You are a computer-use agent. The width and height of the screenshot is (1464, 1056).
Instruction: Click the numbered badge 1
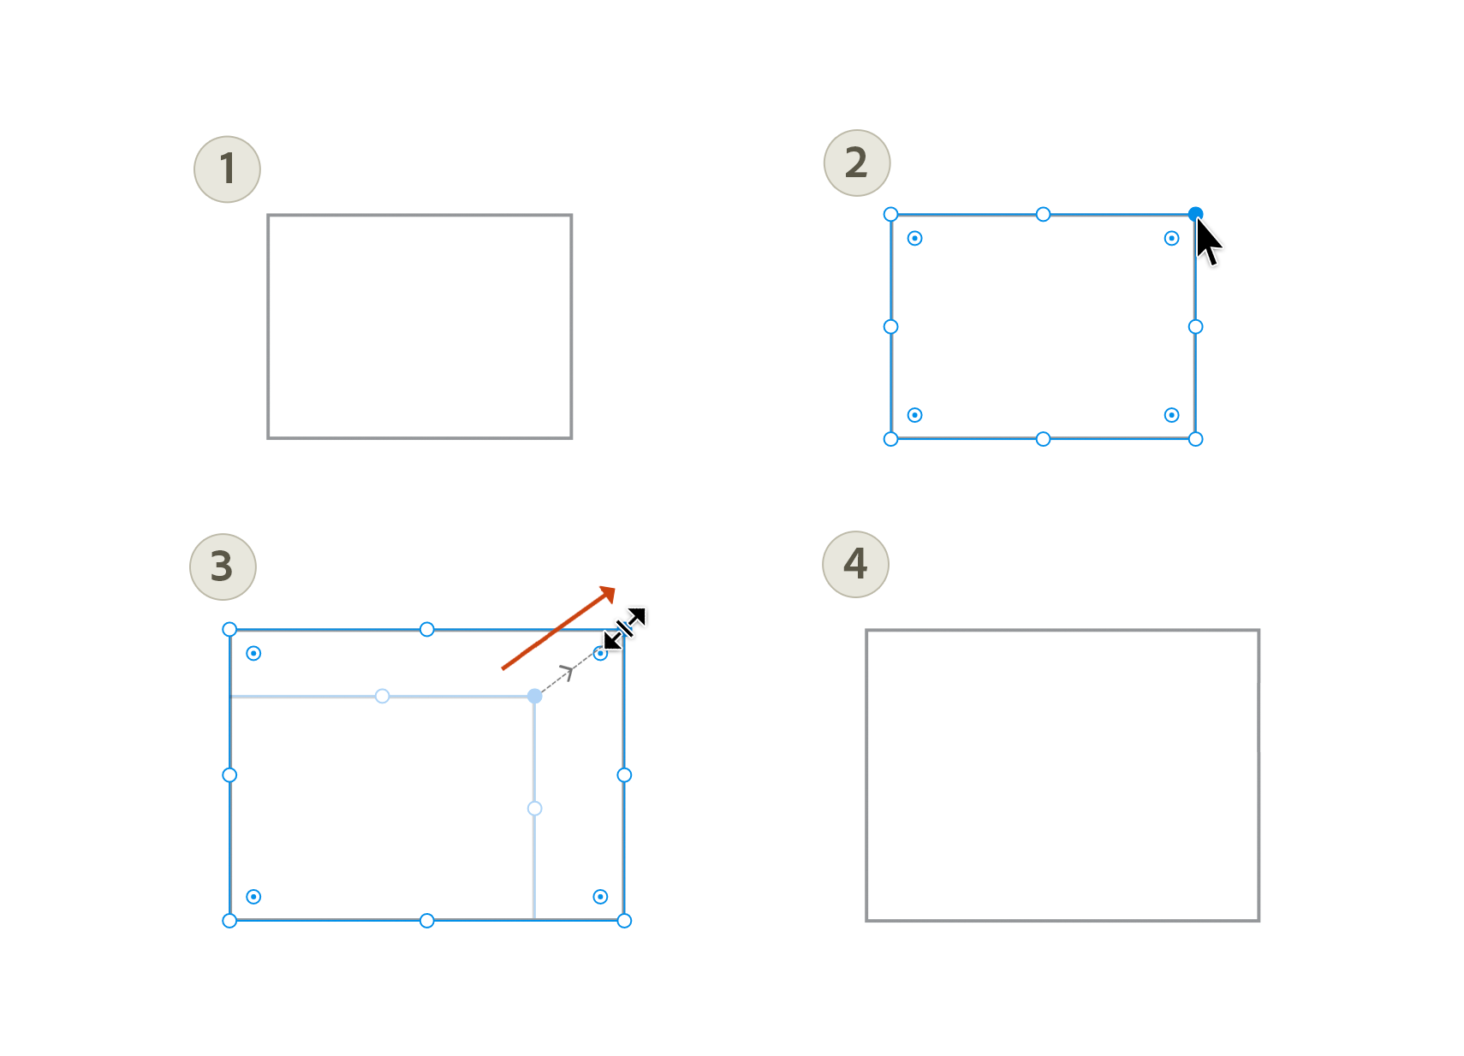(227, 169)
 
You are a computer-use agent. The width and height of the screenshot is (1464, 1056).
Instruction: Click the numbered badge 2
(856, 163)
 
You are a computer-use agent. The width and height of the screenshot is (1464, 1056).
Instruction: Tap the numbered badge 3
(223, 567)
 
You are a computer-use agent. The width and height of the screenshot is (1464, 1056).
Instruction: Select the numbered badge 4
(855, 564)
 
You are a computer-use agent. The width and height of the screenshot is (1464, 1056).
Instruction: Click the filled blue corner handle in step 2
(1195, 214)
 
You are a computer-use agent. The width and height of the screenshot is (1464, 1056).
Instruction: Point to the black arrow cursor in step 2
(1208, 242)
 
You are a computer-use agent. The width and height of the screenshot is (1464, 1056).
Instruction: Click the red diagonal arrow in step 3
(558, 628)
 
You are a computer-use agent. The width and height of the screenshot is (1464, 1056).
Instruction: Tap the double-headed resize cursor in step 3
(625, 628)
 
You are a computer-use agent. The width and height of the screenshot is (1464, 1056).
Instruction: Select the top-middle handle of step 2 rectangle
(1043, 214)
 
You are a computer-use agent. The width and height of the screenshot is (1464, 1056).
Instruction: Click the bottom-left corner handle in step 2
(890, 439)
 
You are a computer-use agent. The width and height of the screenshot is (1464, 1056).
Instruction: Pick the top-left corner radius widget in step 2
(914, 238)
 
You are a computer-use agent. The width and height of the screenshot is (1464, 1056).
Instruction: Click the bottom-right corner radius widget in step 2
(1171, 415)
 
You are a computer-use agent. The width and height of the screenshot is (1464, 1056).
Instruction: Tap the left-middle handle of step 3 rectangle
(229, 775)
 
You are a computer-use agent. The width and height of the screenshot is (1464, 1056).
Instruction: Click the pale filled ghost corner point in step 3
(534, 697)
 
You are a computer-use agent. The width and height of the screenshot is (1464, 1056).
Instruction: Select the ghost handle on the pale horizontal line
(383, 697)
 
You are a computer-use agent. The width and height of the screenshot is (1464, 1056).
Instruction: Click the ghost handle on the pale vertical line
(534, 809)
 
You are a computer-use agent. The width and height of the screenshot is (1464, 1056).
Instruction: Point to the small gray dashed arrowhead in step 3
(566, 672)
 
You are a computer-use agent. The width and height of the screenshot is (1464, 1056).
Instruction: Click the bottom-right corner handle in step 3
(624, 921)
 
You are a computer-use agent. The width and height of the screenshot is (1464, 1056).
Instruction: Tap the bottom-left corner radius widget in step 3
(253, 897)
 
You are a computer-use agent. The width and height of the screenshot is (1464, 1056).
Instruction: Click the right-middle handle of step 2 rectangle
(1195, 327)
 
